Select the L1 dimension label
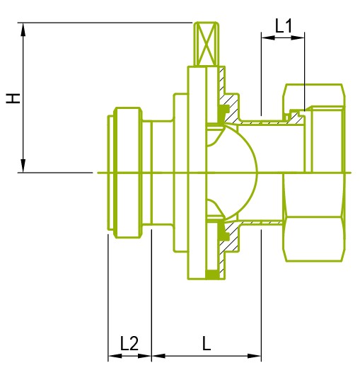point(284,26)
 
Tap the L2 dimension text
point(129,345)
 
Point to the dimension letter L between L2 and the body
point(206,345)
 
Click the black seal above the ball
point(223,112)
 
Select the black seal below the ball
point(223,231)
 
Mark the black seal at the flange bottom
point(211,274)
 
